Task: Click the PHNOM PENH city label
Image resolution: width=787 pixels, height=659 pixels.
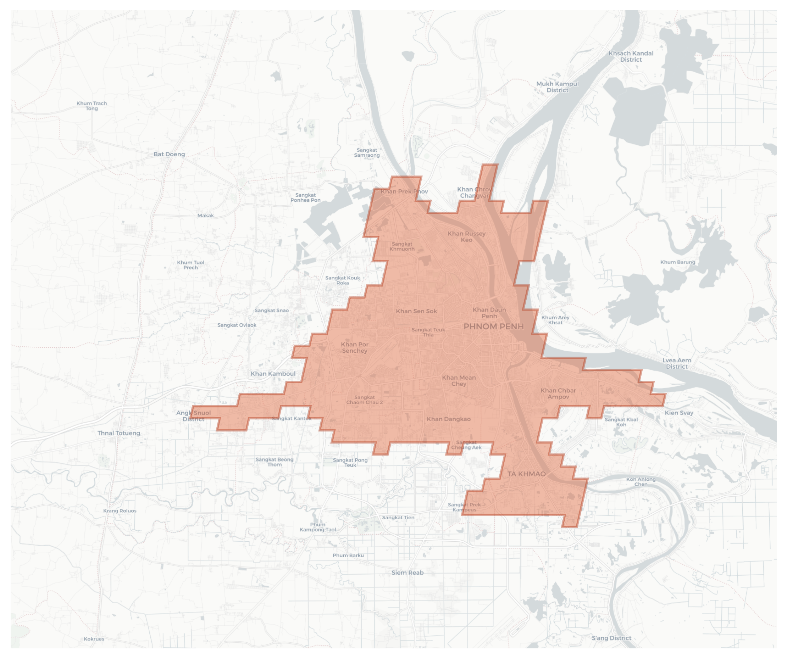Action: point(494,326)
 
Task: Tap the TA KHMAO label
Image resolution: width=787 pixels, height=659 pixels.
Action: point(527,474)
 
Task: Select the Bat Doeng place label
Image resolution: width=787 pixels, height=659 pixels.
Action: point(169,154)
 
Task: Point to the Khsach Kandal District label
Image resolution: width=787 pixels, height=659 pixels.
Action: point(631,56)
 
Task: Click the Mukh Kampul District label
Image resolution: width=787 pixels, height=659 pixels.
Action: point(557,87)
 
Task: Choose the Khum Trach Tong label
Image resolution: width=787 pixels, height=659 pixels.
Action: point(92,106)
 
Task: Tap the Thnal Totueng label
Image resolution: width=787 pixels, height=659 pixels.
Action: point(119,433)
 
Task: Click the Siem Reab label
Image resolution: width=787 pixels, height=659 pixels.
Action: point(408,573)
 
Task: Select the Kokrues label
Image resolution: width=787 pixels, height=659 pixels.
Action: point(94,639)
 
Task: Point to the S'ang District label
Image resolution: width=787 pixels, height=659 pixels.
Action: point(611,638)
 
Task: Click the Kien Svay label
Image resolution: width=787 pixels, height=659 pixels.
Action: point(679,413)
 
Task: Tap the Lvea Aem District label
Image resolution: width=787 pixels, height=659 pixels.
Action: point(676,363)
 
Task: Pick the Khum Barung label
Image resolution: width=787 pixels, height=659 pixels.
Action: point(677,262)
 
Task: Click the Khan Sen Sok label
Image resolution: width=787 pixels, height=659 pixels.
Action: point(416,311)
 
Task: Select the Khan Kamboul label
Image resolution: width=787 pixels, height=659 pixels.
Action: point(273,374)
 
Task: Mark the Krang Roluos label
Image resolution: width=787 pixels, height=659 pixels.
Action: point(120,510)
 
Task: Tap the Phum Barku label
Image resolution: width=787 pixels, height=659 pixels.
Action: point(348,555)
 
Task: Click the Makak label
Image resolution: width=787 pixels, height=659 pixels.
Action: point(205,216)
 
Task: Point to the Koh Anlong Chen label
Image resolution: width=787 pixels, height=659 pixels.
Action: point(641,482)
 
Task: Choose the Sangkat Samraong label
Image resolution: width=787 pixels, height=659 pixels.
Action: point(367,152)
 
